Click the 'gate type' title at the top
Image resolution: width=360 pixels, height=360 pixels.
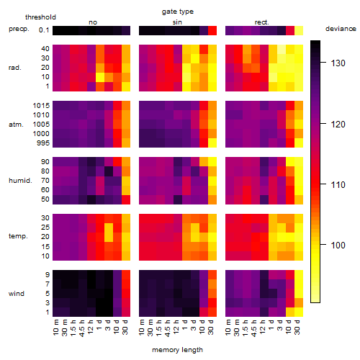click(x=178, y=12)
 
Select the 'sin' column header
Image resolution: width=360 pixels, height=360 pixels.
click(x=177, y=22)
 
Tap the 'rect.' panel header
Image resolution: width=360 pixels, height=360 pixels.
click(x=261, y=22)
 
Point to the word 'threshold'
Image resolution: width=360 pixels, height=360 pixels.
click(x=40, y=17)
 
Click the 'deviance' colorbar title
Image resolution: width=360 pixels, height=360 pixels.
click(x=341, y=29)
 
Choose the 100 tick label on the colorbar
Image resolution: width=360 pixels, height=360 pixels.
click(x=338, y=245)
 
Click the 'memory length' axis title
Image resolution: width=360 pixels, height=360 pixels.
click(x=177, y=350)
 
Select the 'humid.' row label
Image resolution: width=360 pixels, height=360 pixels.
click(x=20, y=181)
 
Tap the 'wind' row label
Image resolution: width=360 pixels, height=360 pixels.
click(x=17, y=294)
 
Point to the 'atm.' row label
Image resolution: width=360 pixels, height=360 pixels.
click(x=16, y=125)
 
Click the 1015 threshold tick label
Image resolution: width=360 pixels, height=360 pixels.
click(x=41, y=106)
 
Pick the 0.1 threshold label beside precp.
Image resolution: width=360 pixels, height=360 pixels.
click(x=44, y=30)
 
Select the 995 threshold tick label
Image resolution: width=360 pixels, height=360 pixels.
click(x=43, y=143)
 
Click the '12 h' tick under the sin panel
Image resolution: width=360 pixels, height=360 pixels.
click(x=176, y=327)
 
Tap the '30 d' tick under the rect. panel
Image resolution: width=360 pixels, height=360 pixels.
click(x=297, y=327)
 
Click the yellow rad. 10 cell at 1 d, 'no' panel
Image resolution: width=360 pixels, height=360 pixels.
click(x=100, y=77)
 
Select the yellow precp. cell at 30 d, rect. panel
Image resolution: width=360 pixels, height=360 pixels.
click(x=299, y=30)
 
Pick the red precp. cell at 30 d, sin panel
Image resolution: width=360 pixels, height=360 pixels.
click(x=212, y=30)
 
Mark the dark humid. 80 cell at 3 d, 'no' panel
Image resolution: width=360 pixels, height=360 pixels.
click(x=109, y=171)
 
